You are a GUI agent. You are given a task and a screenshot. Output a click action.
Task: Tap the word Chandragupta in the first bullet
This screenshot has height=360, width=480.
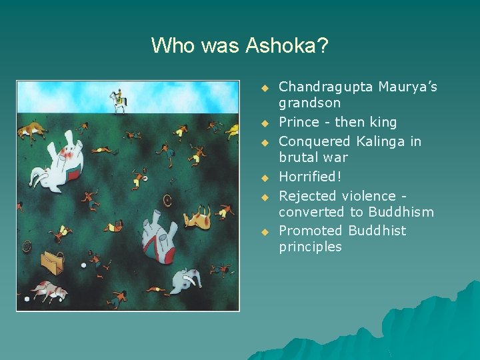click(x=325, y=87)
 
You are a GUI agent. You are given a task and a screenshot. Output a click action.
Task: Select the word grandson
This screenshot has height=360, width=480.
click(x=309, y=103)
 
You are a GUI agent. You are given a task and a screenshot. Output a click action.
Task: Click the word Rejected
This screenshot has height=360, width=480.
click(x=308, y=196)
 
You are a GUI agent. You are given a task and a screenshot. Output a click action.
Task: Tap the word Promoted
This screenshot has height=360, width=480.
click(x=310, y=231)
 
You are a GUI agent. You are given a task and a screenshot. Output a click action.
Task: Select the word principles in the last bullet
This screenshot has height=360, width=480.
click(x=310, y=247)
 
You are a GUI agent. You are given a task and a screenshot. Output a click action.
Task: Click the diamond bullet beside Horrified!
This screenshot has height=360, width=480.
click(x=264, y=178)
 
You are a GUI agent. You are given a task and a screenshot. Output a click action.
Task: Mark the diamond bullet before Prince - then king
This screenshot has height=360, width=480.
click(x=264, y=123)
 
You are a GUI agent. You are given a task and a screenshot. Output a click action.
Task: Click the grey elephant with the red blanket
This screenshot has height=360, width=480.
click(x=160, y=237)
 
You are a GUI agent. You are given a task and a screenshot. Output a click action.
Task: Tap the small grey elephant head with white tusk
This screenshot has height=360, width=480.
click(x=185, y=281)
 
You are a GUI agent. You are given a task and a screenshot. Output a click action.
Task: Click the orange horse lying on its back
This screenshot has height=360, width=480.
click(x=197, y=217)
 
